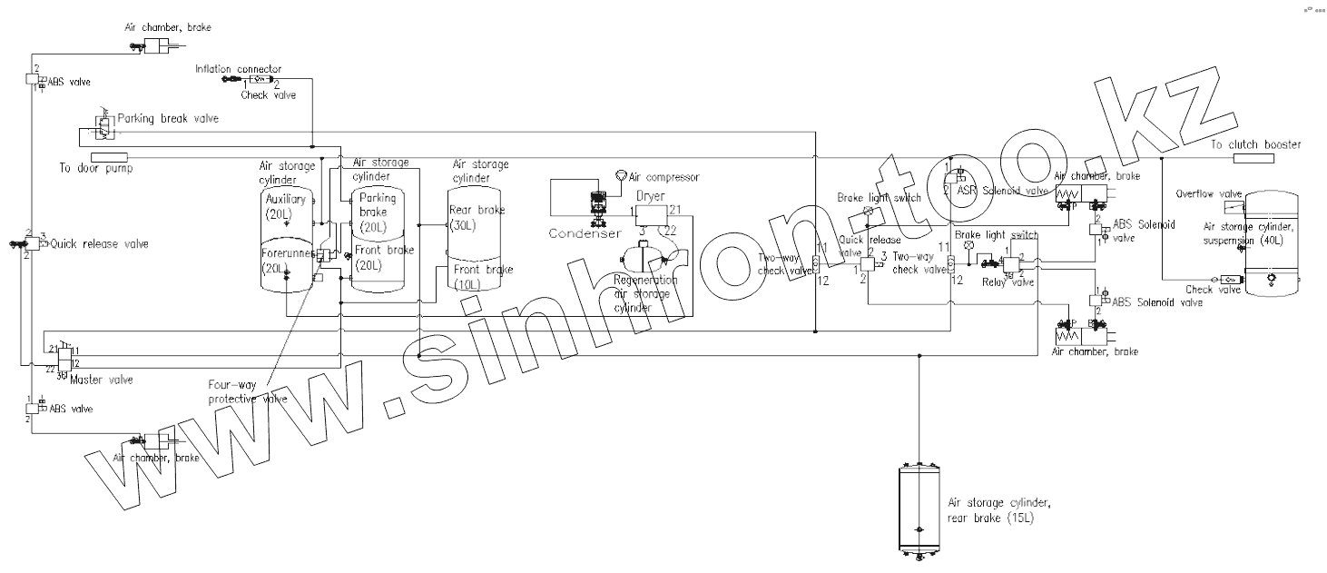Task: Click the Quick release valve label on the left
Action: (x=88, y=243)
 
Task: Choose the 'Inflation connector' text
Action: (x=239, y=69)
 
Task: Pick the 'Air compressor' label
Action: (x=667, y=176)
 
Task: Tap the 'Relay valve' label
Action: (x=1008, y=282)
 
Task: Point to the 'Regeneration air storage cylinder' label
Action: (x=646, y=293)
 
